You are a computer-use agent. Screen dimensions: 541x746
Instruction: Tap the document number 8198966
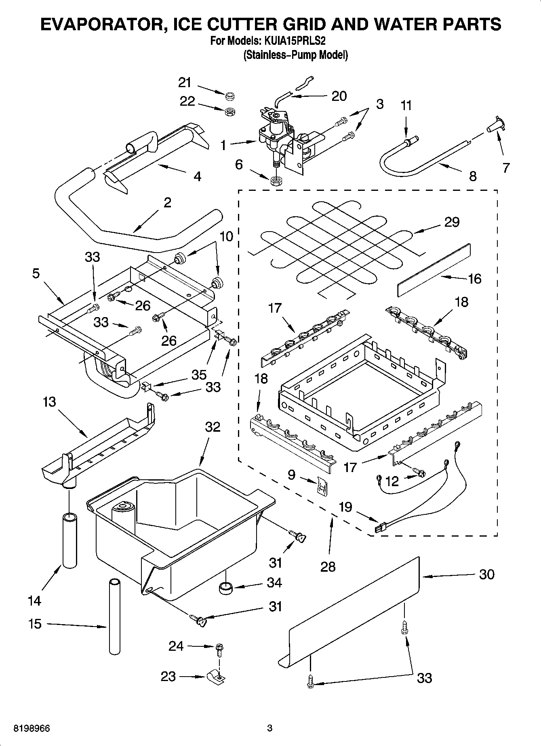point(32,728)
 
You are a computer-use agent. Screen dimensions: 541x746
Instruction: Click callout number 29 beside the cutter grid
point(452,222)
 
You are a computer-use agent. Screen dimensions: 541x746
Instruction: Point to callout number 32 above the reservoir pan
point(213,426)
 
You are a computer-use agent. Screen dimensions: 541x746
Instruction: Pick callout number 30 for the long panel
point(486,574)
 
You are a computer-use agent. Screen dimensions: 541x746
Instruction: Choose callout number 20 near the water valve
point(339,96)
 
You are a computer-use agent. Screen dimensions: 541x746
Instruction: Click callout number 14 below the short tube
point(35,601)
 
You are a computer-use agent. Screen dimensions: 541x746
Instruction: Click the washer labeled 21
point(230,96)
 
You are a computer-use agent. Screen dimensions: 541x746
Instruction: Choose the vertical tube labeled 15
point(115,616)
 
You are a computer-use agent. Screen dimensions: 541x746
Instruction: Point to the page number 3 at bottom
point(270,728)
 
